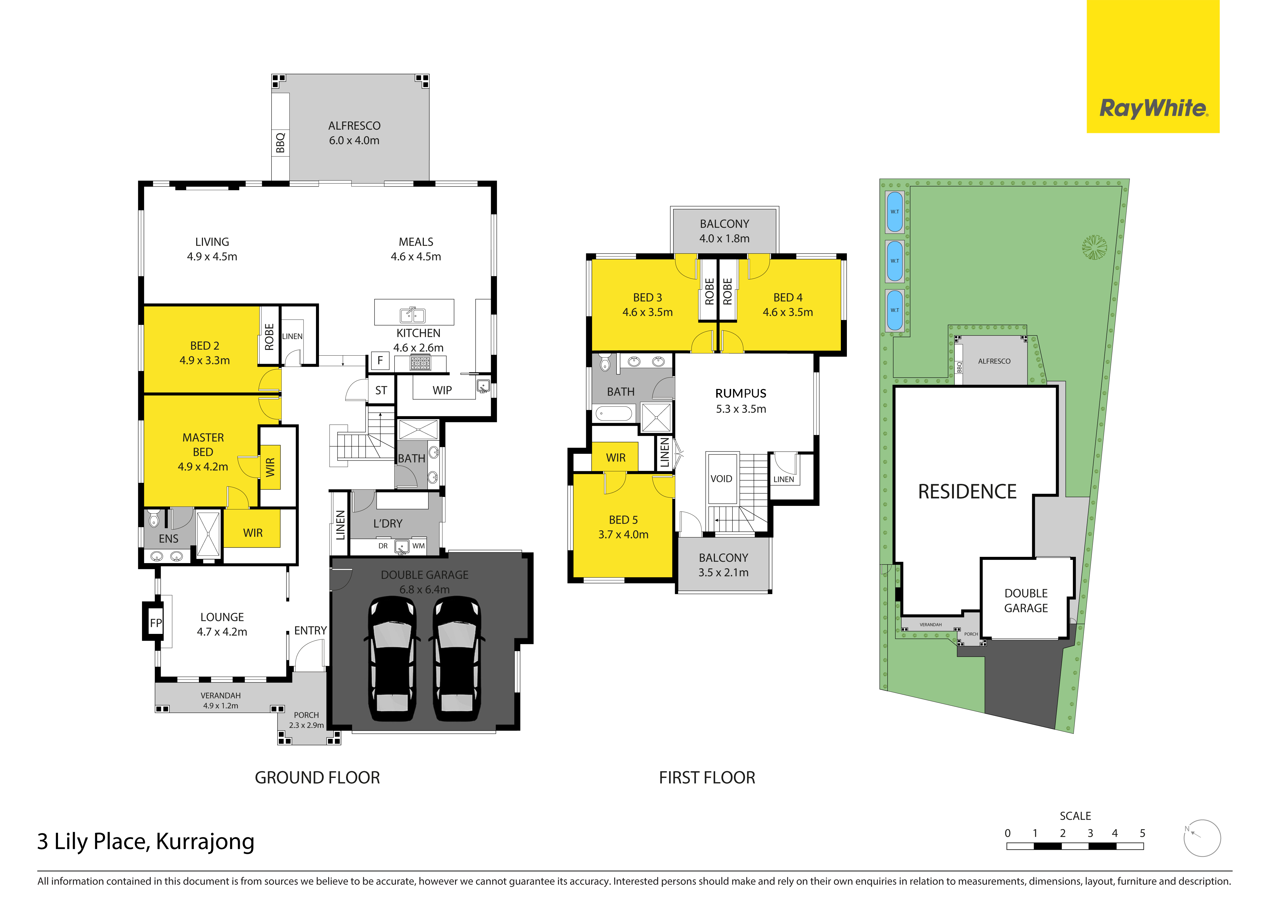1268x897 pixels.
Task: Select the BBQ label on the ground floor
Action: [280, 142]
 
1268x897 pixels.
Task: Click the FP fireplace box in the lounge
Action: [156, 623]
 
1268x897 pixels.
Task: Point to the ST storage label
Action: [381, 390]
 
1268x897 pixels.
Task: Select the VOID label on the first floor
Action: [721, 479]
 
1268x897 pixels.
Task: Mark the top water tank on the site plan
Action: [895, 212]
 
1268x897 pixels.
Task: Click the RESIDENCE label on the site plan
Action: [967, 491]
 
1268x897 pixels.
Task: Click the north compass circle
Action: [1202, 838]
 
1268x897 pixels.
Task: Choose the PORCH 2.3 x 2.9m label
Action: [306, 720]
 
